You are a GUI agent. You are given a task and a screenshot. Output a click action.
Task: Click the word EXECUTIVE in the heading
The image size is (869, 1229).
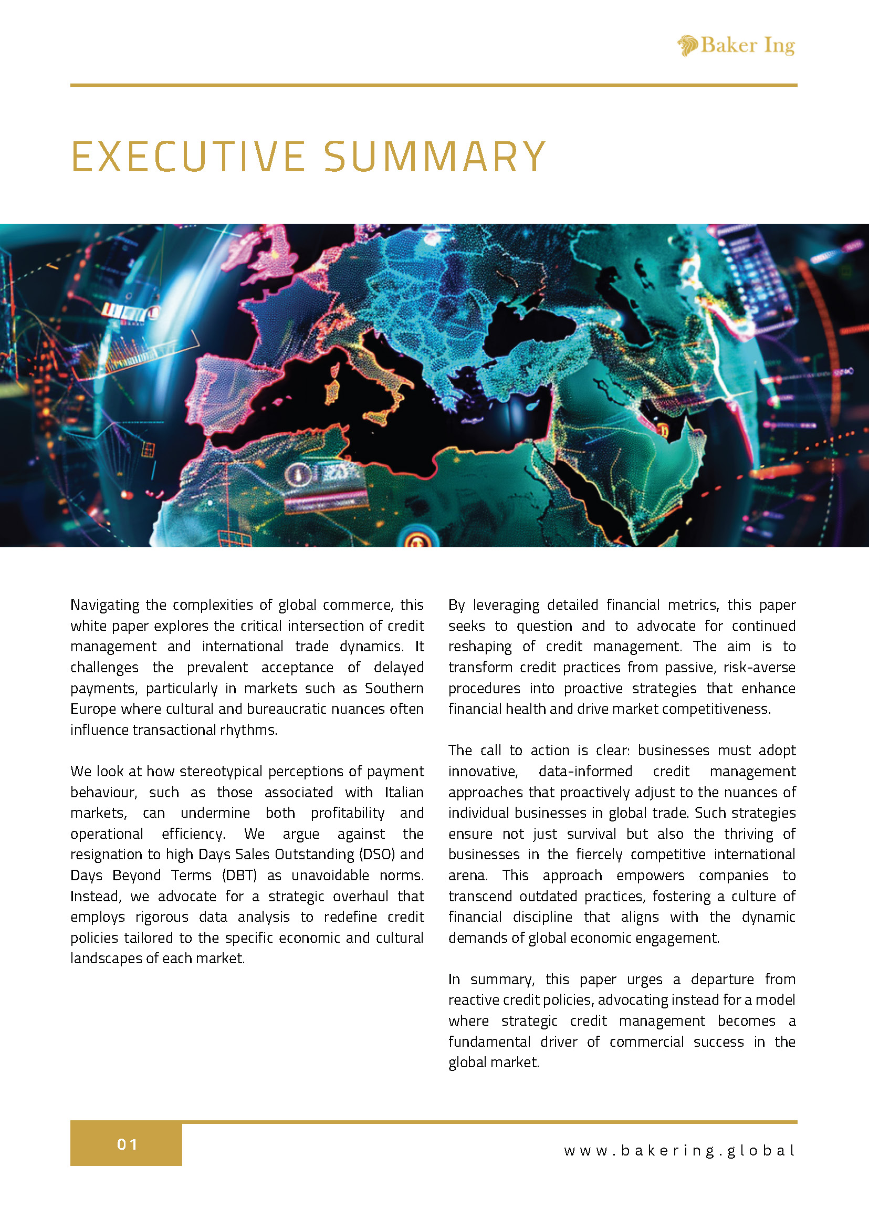188,157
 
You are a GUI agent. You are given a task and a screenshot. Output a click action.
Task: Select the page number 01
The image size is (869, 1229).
128,1145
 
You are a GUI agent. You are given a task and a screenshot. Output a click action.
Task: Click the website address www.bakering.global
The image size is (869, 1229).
679,1150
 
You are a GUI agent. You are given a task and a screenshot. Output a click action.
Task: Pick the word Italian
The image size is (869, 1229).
403,792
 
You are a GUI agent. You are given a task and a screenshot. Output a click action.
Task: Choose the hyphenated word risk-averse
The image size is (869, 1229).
759,668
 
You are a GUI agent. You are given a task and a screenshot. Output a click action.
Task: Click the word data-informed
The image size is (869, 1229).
585,772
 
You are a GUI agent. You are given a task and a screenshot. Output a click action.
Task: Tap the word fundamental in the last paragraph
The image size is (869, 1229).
489,1041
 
